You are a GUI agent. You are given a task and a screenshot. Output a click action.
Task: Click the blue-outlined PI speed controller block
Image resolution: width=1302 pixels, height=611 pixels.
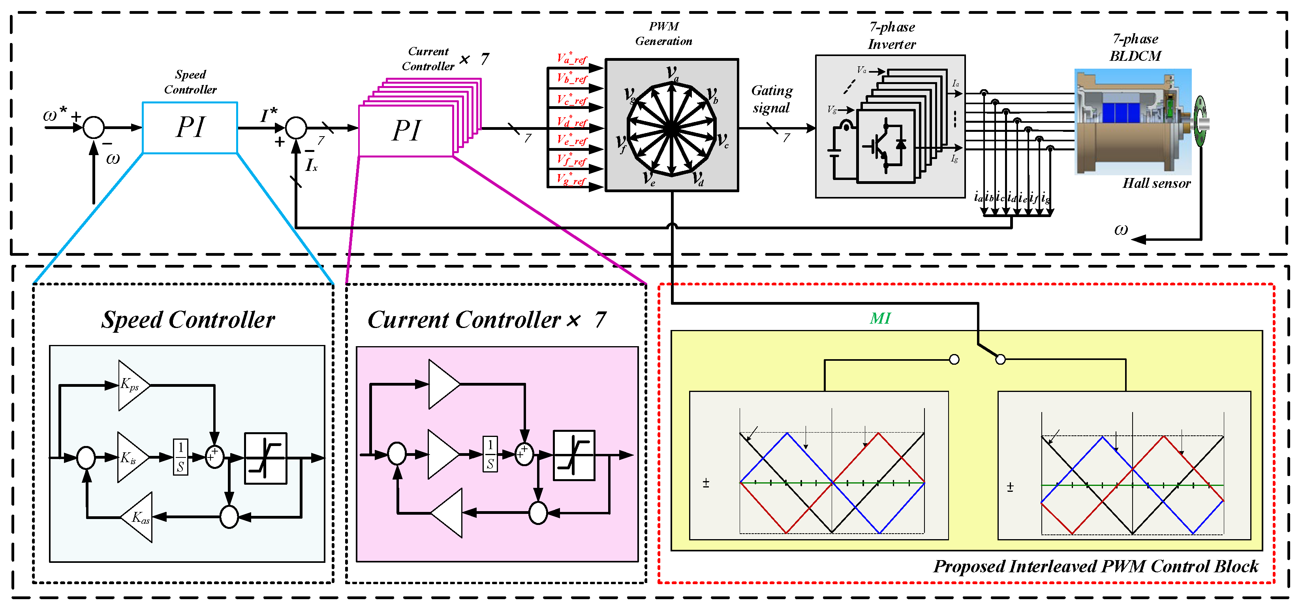pyautogui.click(x=190, y=127)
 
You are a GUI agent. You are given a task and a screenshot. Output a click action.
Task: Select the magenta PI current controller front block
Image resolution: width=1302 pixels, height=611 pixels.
pyautogui.click(x=406, y=130)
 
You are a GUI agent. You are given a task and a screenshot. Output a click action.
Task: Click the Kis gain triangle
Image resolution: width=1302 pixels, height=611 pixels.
pyautogui.click(x=132, y=458)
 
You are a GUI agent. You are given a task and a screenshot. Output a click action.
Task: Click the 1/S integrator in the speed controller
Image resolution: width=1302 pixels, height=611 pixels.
pyautogui.click(x=180, y=457)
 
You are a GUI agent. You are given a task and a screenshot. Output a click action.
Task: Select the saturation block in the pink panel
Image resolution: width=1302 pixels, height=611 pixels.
pyautogui.click(x=574, y=455)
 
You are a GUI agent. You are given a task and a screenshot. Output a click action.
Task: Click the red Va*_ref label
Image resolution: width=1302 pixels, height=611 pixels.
pyautogui.click(x=572, y=59)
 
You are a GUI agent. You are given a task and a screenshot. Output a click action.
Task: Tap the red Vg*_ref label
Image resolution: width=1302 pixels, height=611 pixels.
pyautogui.click(x=572, y=179)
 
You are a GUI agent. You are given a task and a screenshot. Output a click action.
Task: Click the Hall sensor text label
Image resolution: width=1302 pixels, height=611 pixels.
pyautogui.click(x=1156, y=183)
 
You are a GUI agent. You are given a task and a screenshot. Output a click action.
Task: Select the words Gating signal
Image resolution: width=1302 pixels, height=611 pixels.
pyautogui.click(x=771, y=99)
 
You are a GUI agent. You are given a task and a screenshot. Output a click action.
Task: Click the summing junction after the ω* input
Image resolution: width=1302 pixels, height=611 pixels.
pyautogui.click(x=94, y=127)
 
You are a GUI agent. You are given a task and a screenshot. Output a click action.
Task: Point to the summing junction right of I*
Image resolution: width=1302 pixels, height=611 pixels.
pyautogui.click(x=296, y=128)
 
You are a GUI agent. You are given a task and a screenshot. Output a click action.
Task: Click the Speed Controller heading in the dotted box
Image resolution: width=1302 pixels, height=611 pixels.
pyautogui.click(x=188, y=319)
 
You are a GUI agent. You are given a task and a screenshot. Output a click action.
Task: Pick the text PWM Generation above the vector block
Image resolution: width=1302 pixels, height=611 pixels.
pyautogui.click(x=663, y=34)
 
